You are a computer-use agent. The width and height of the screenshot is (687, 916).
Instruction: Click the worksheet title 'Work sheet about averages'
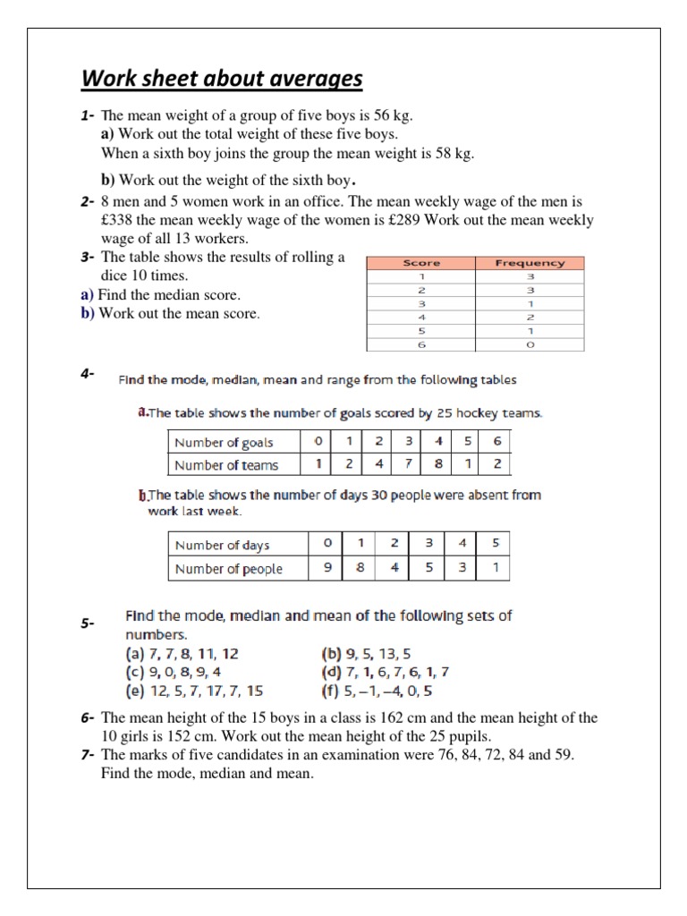pyautogui.click(x=222, y=79)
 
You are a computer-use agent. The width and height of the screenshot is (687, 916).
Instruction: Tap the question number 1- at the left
pyautogui.click(x=87, y=116)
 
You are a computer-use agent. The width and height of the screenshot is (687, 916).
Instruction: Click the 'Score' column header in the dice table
pyautogui.click(x=422, y=263)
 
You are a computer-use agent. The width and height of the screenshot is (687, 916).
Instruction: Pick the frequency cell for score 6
pyautogui.click(x=530, y=343)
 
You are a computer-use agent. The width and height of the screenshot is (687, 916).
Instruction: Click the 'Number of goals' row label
pyautogui.click(x=224, y=442)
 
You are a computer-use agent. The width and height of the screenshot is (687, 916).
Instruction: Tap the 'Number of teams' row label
pyautogui.click(x=226, y=464)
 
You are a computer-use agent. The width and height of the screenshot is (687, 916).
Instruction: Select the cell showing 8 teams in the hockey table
pyautogui.click(x=438, y=464)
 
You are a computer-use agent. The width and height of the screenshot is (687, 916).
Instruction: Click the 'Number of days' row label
pyautogui.click(x=222, y=545)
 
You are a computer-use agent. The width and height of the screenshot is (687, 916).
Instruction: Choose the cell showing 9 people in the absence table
pyautogui.click(x=328, y=568)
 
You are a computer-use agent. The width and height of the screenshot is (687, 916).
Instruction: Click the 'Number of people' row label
pyautogui.click(x=228, y=568)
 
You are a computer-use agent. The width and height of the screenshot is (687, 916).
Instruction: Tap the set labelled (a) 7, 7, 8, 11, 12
pyautogui.click(x=182, y=654)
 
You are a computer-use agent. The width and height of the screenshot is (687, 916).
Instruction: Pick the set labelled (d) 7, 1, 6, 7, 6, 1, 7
pyautogui.click(x=385, y=672)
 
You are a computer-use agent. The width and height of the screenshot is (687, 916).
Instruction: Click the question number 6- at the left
pyautogui.click(x=87, y=718)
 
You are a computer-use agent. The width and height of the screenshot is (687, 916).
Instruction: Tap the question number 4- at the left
pyautogui.click(x=87, y=375)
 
